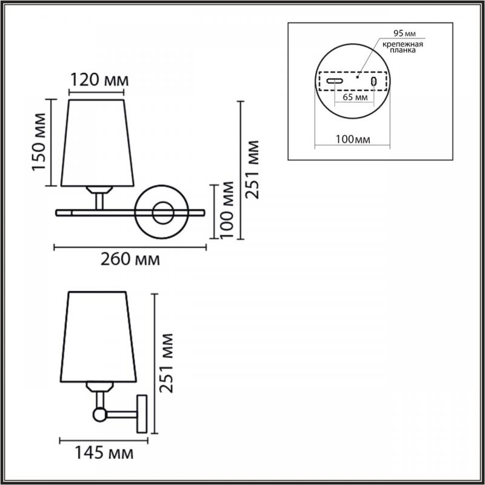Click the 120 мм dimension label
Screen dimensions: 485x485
click(x=99, y=80)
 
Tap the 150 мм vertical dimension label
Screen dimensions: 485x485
click(x=39, y=142)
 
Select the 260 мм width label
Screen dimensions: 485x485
click(x=130, y=259)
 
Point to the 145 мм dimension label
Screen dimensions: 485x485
click(x=104, y=453)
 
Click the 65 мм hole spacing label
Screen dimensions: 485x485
click(x=355, y=97)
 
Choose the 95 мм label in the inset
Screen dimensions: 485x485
click(x=404, y=33)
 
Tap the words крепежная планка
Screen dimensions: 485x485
click(x=403, y=47)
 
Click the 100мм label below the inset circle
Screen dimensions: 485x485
click(x=353, y=139)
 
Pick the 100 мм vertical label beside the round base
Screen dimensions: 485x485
click(x=227, y=210)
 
